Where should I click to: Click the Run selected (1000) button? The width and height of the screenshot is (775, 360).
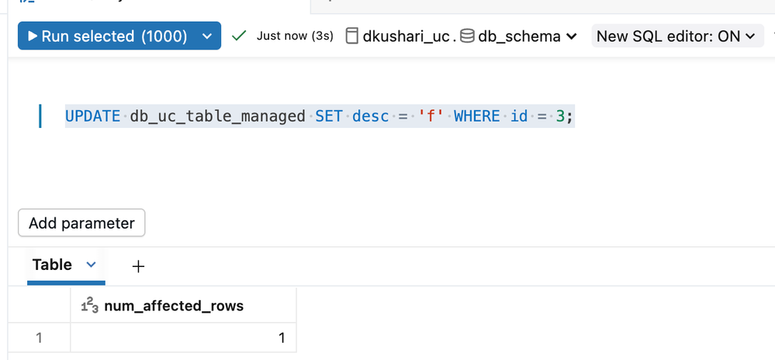point(107,36)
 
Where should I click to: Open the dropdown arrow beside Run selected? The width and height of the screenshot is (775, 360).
point(206,36)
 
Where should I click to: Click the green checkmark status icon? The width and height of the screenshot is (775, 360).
point(239,36)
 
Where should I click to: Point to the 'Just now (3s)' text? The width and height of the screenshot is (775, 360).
point(295,36)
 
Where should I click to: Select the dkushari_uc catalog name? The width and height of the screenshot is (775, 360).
point(406,36)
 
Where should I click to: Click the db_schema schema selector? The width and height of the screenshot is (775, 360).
point(518,36)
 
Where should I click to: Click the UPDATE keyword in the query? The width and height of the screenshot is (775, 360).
point(92,116)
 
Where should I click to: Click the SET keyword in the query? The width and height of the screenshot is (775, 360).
point(329,116)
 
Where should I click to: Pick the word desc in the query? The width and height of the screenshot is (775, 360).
point(371,116)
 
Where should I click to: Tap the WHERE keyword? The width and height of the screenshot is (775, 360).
point(477,116)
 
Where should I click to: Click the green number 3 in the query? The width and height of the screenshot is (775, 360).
point(560,116)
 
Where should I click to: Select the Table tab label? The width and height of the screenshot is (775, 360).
point(52,265)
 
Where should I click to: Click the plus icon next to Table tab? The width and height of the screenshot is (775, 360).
point(138,266)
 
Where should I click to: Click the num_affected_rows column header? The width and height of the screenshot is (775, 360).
point(173,306)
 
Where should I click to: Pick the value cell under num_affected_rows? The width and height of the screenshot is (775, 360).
point(183,337)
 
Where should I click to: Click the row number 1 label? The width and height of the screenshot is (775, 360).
point(39,337)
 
